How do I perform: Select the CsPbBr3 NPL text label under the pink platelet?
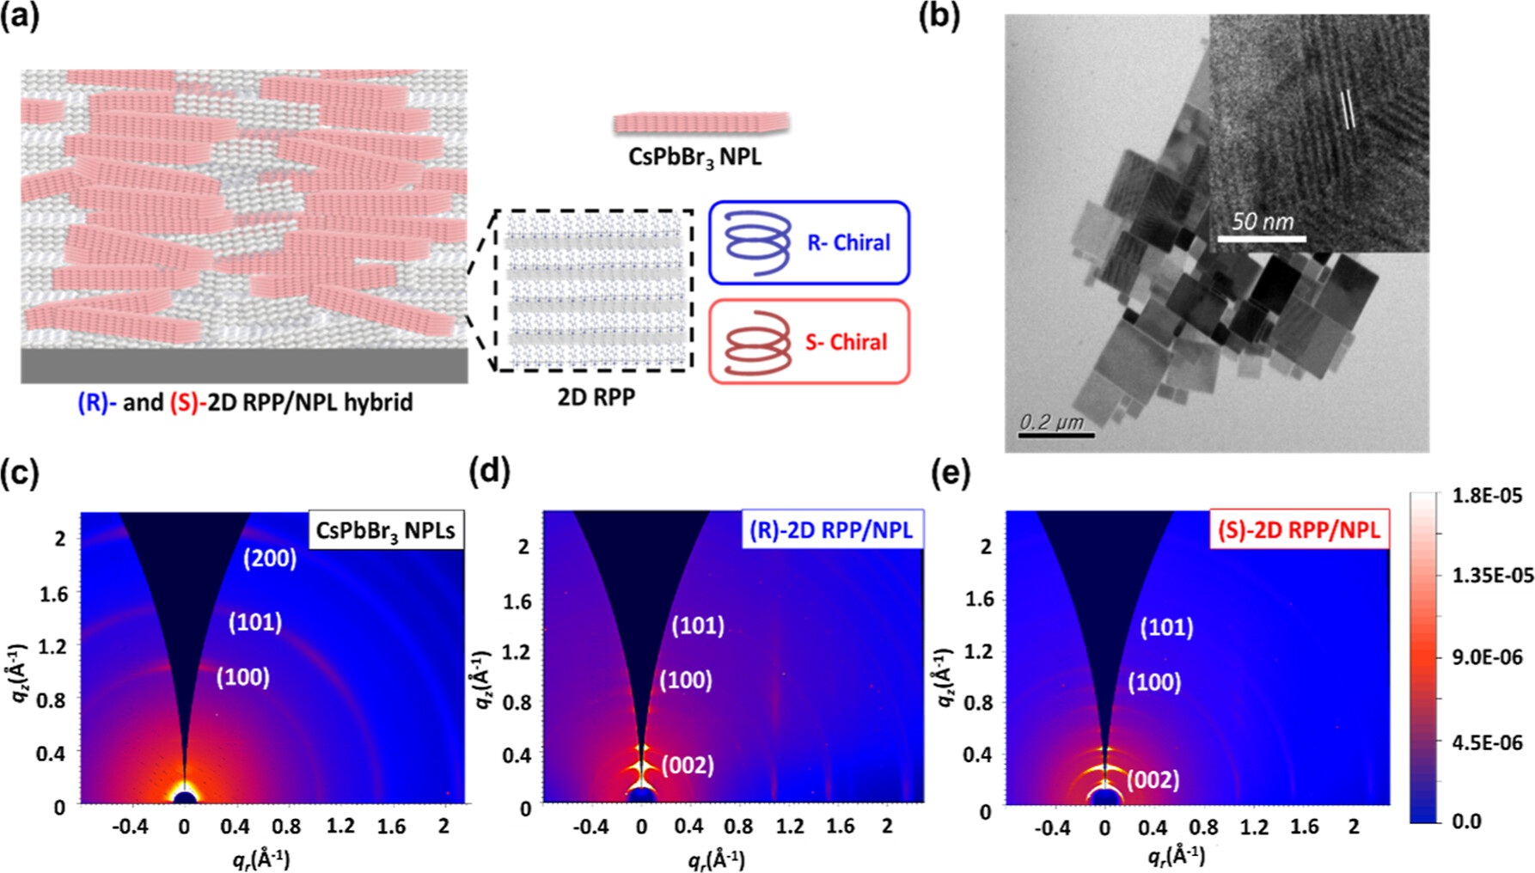pos(694,157)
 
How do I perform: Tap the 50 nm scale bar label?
pos(1262,222)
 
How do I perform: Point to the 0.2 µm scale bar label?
pos(1051,421)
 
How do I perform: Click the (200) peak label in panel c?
pos(269,559)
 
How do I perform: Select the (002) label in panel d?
pos(688,765)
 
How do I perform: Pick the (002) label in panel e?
pos(1153,780)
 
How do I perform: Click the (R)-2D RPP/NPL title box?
pos(831,529)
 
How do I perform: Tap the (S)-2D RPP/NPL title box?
pos(1299,529)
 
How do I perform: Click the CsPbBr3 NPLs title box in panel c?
pos(385,530)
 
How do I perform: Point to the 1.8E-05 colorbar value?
pos(1487,495)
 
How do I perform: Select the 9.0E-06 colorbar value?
pos(1487,657)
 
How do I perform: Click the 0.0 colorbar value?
pos(1466,821)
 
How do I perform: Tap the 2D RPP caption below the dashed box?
pos(596,396)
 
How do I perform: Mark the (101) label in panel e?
pos(1166,627)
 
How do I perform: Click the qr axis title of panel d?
pos(716,858)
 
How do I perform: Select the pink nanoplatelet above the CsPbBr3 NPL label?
pos(700,123)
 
